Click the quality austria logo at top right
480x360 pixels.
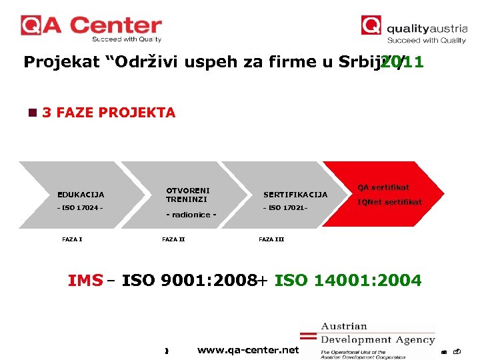pos(414,29)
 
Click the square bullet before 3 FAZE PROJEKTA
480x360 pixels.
pos(32,113)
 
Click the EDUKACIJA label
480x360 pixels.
pos(81,195)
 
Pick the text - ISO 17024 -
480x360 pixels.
pos(79,208)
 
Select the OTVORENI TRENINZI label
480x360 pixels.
pos(187,195)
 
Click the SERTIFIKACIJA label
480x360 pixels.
pos(295,195)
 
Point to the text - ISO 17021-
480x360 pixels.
pos(285,208)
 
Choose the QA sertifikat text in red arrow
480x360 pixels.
pos(383,187)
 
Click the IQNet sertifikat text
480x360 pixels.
pos(389,202)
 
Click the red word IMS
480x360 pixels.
pos(85,281)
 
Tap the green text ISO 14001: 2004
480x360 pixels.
pos(348,281)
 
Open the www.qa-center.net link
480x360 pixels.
pos(248,350)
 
